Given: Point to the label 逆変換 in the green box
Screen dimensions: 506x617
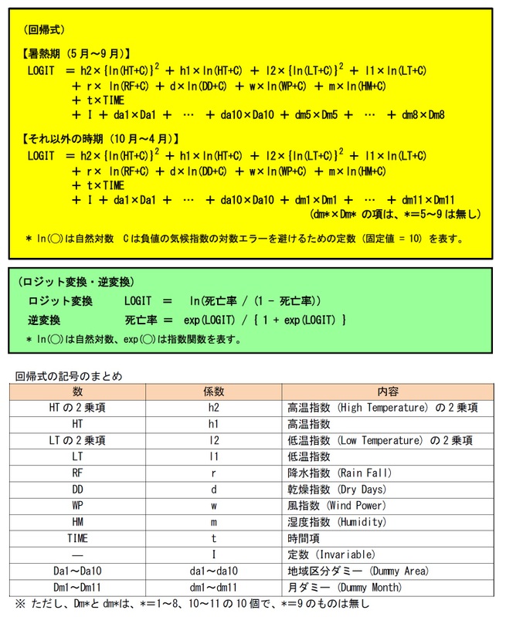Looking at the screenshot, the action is coord(44,319).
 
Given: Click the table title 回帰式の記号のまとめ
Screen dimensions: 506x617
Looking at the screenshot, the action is coord(69,376).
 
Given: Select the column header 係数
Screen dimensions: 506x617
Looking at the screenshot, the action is coord(213,392).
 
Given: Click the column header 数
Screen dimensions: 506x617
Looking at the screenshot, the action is coord(77,392).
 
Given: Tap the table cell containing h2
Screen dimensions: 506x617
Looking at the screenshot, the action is coord(213,408).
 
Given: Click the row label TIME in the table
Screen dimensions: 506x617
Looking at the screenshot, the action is coord(77,537).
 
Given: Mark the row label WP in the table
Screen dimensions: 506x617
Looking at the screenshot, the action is coord(77,505).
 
